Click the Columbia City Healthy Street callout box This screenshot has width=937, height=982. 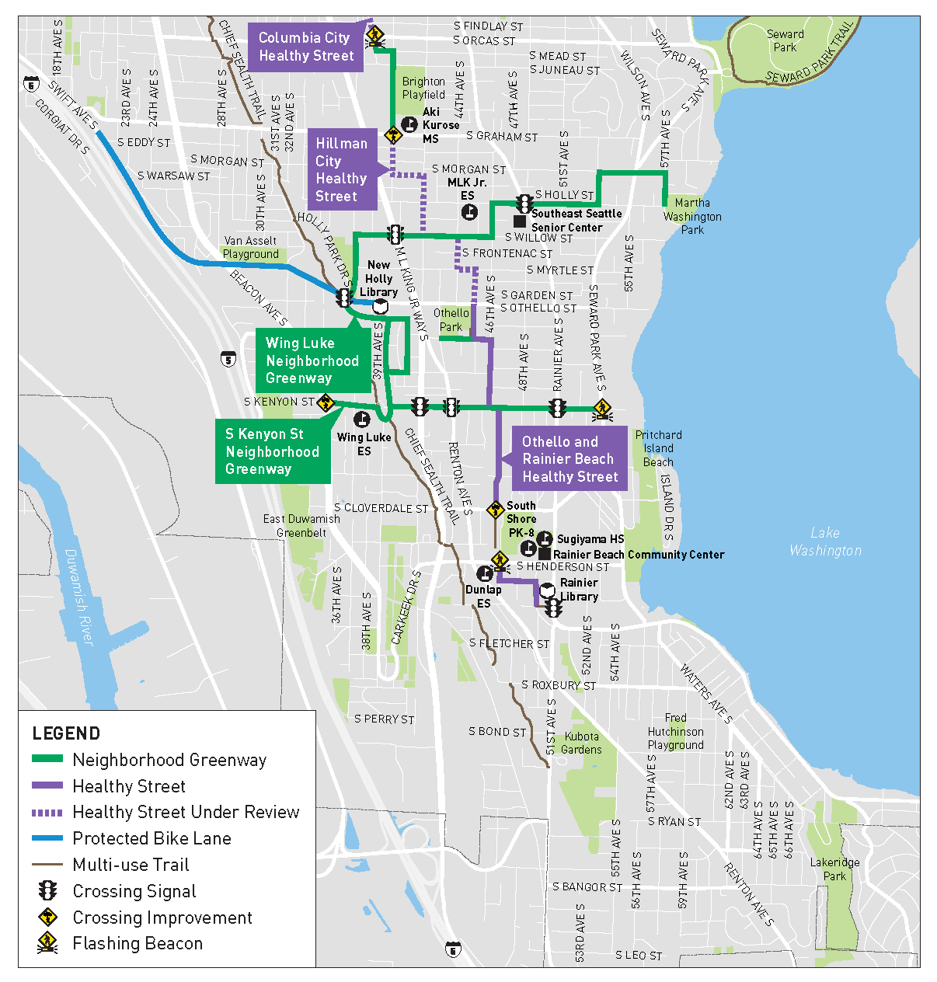pos(305,47)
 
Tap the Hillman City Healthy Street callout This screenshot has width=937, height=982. pos(341,170)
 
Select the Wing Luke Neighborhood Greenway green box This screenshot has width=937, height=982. pos(312,360)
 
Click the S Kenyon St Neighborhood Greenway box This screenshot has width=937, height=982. pos(272,451)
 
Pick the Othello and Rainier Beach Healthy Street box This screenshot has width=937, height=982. pos(570,459)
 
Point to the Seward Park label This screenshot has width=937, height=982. pos(785,40)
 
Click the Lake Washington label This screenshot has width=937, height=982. pos(825,541)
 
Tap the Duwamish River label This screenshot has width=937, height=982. pos(78,596)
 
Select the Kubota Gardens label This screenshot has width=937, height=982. pos(581,743)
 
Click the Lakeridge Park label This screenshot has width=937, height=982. pos(834,869)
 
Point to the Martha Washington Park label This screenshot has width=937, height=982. pos(692,216)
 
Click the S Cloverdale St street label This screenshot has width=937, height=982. pos(381,508)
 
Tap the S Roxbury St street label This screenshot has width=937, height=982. pos(558,685)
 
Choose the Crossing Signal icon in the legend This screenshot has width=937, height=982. pos(48,890)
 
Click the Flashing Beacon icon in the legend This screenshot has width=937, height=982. pos(48,943)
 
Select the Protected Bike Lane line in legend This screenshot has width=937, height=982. pos(47,838)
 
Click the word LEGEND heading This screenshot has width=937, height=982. pos(66,733)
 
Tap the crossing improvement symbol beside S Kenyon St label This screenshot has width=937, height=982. pos(326,402)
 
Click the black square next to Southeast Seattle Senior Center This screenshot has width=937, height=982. pos(520,221)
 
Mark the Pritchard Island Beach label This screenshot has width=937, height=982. pos(658,448)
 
